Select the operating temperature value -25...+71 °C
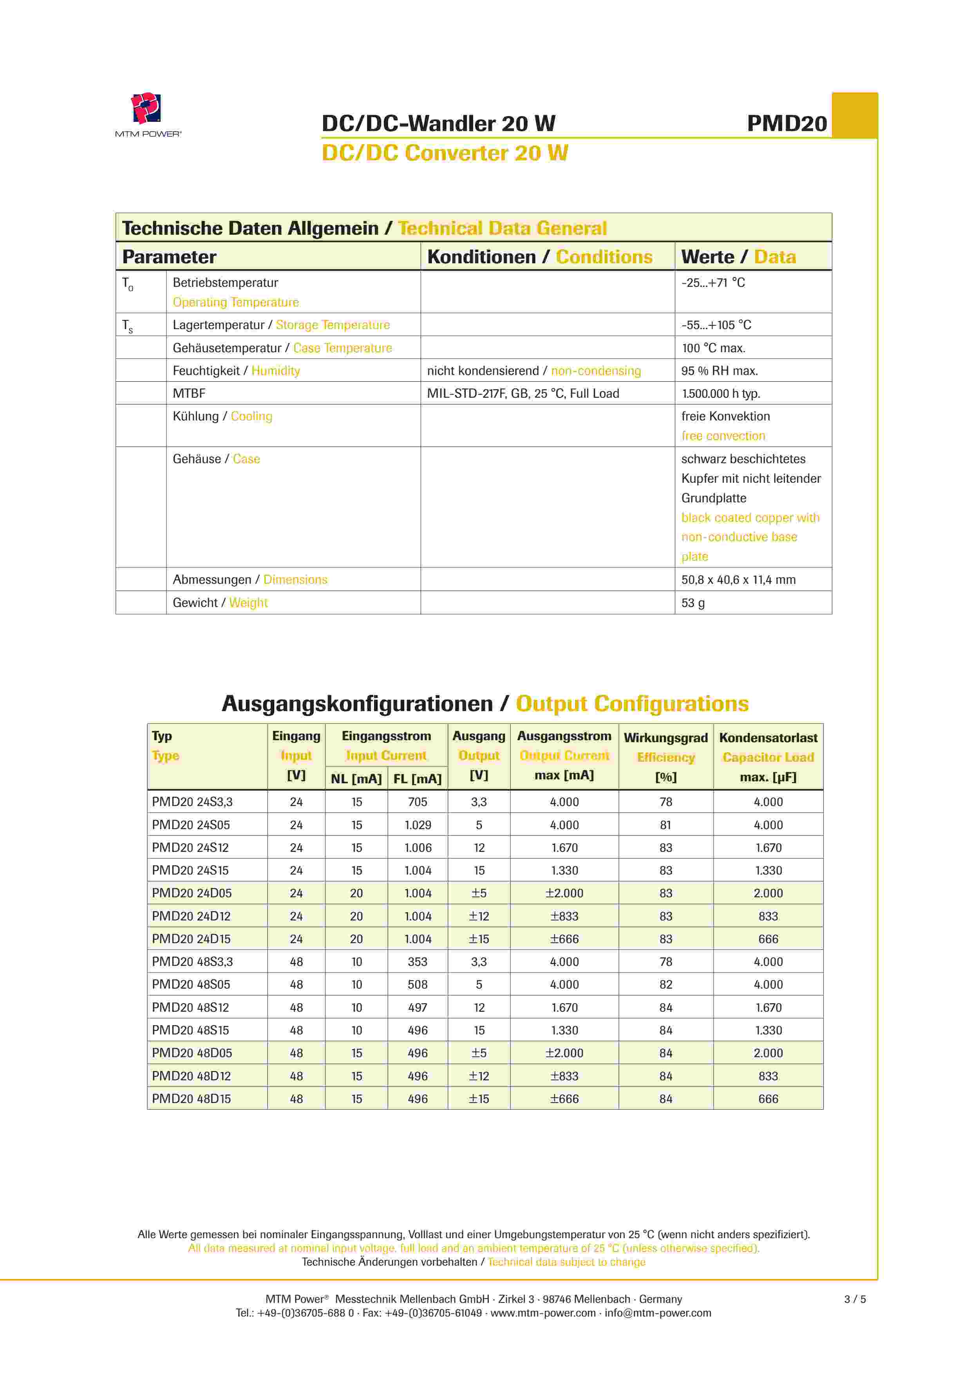pyautogui.click(x=713, y=283)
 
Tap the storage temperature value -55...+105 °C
pyautogui.click(x=716, y=325)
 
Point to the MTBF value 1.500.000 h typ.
pyautogui.click(x=720, y=393)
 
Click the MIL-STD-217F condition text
pyautogui.click(x=523, y=393)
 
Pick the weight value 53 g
pyautogui.click(x=693, y=603)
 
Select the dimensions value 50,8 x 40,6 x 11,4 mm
pyautogui.click(x=738, y=580)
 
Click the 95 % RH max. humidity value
pyautogui.click(x=719, y=371)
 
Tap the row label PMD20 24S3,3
pyautogui.click(x=192, y=802)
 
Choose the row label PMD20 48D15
pyautogui.click(x=191, y=1099)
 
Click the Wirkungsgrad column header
pyautogui.click(x=665, y=738)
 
